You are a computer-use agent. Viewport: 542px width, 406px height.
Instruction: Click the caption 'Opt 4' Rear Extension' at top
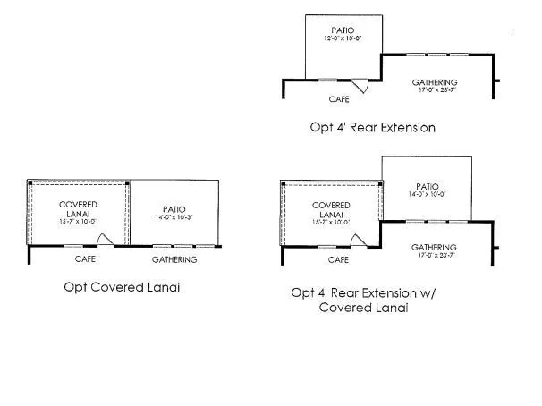click(373, 127)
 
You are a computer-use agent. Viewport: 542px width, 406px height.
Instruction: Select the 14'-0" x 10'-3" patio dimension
click(174, 216)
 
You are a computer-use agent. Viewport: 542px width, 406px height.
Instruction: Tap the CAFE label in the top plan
click(338, 98)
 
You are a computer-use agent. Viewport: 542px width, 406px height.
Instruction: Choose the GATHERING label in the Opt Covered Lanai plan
click(174, 259)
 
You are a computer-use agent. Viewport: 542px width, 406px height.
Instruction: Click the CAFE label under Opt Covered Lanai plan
click(84, 259)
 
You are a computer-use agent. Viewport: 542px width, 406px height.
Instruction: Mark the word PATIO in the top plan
click(343, 30)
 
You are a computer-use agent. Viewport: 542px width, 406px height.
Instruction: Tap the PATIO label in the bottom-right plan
click(426, 184)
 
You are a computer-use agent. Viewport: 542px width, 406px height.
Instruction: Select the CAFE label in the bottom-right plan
click(338, 259)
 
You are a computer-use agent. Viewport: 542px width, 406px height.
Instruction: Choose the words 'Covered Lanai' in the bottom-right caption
click(363, 309)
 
